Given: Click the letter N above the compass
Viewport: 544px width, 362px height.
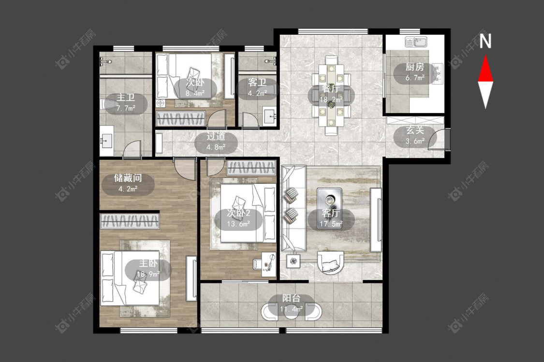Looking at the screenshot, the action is pyautogui.click(x=485, y=41).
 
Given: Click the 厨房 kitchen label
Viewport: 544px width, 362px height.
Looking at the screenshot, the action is pyautogui.click(x=415, y=67).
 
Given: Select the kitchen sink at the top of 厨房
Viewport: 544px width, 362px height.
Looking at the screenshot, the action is pyautogui.click(x=416, y=42).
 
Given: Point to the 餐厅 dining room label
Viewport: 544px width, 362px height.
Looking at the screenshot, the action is pyautogui.click(x=331, y=89).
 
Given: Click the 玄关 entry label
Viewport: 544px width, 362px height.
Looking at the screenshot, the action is pyautogui.click(x=415, y=131).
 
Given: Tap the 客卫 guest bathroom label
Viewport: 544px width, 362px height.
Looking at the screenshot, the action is pyautogui.click(x=257, y=83).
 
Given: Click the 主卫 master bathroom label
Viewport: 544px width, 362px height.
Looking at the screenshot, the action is pyautogui.click(x=126, y=97).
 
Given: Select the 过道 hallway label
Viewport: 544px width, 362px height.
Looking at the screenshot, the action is pyautogui.click(x=216, y=136).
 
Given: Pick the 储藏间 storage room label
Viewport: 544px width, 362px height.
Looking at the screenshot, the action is pyautogui.click(x=128, y=178).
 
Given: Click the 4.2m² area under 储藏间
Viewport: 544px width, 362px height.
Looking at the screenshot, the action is pyautogui.click(x=128, y=189).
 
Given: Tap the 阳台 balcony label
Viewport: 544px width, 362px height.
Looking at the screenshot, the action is pyautogui.click(x=291, y=298).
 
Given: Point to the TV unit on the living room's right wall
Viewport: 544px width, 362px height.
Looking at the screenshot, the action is pyautogui.click(x=376, y=220).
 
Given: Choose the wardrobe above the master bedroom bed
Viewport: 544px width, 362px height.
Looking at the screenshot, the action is pyautogui.click(x=130, y=221).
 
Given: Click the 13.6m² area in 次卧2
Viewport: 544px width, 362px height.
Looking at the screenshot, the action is pyautogui.click(x=238, y=224).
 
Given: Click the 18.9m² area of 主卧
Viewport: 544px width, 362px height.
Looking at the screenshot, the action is pyautogui.click(x=148, y=274).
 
